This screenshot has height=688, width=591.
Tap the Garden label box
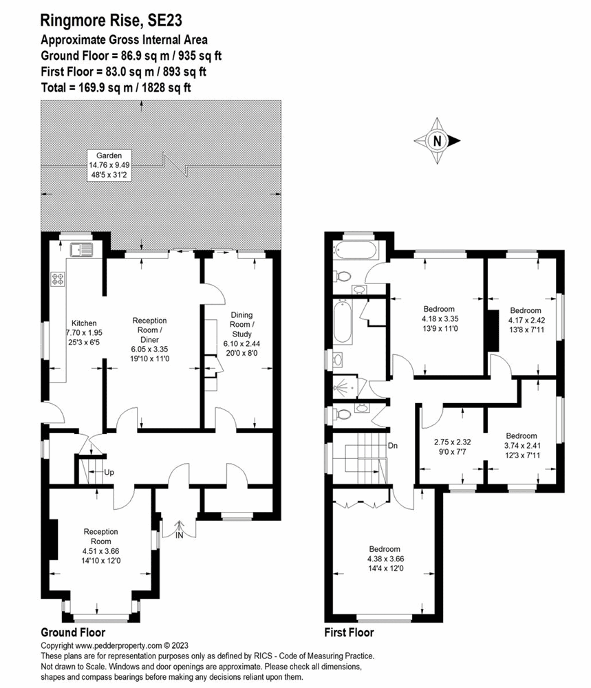(x=105, y=166)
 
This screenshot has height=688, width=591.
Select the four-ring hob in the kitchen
(x=58, y=279)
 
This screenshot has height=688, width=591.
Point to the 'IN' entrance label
(x=179, y=535)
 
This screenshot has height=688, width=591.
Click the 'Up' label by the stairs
(x=108, y=473)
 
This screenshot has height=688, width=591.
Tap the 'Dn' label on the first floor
(x=394, y=446)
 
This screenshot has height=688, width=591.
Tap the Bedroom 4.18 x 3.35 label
(x=438, y=319)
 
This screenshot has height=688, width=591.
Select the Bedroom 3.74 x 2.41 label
(x=521, y=445)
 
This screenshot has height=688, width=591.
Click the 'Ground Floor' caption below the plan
(x=73, y=632)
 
